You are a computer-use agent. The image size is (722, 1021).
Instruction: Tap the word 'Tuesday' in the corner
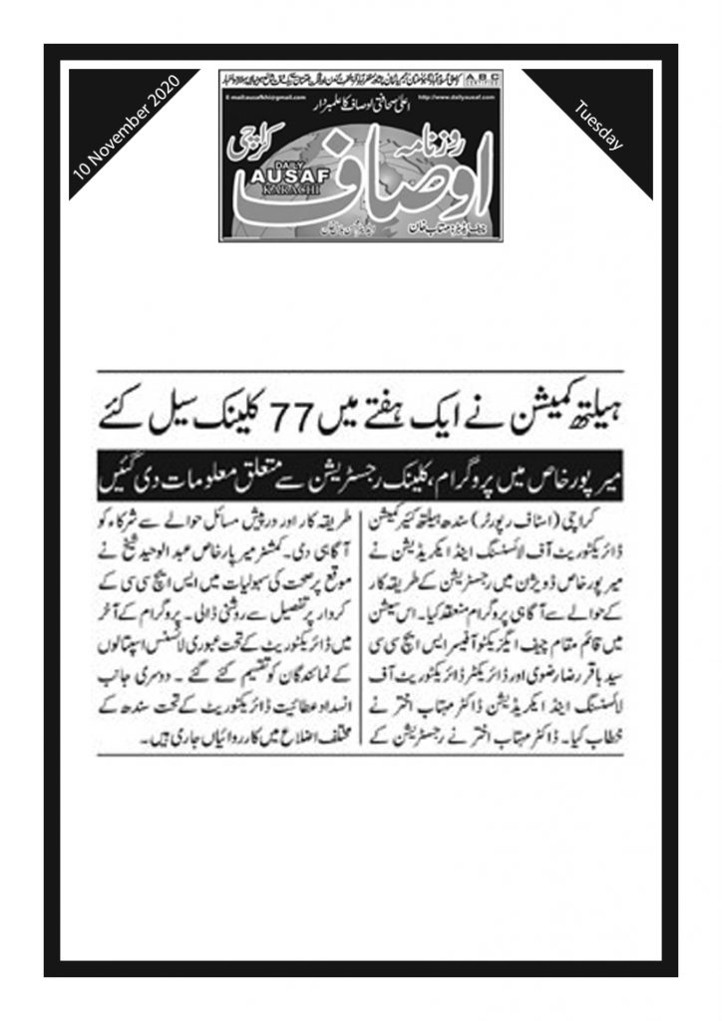[599, 126]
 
